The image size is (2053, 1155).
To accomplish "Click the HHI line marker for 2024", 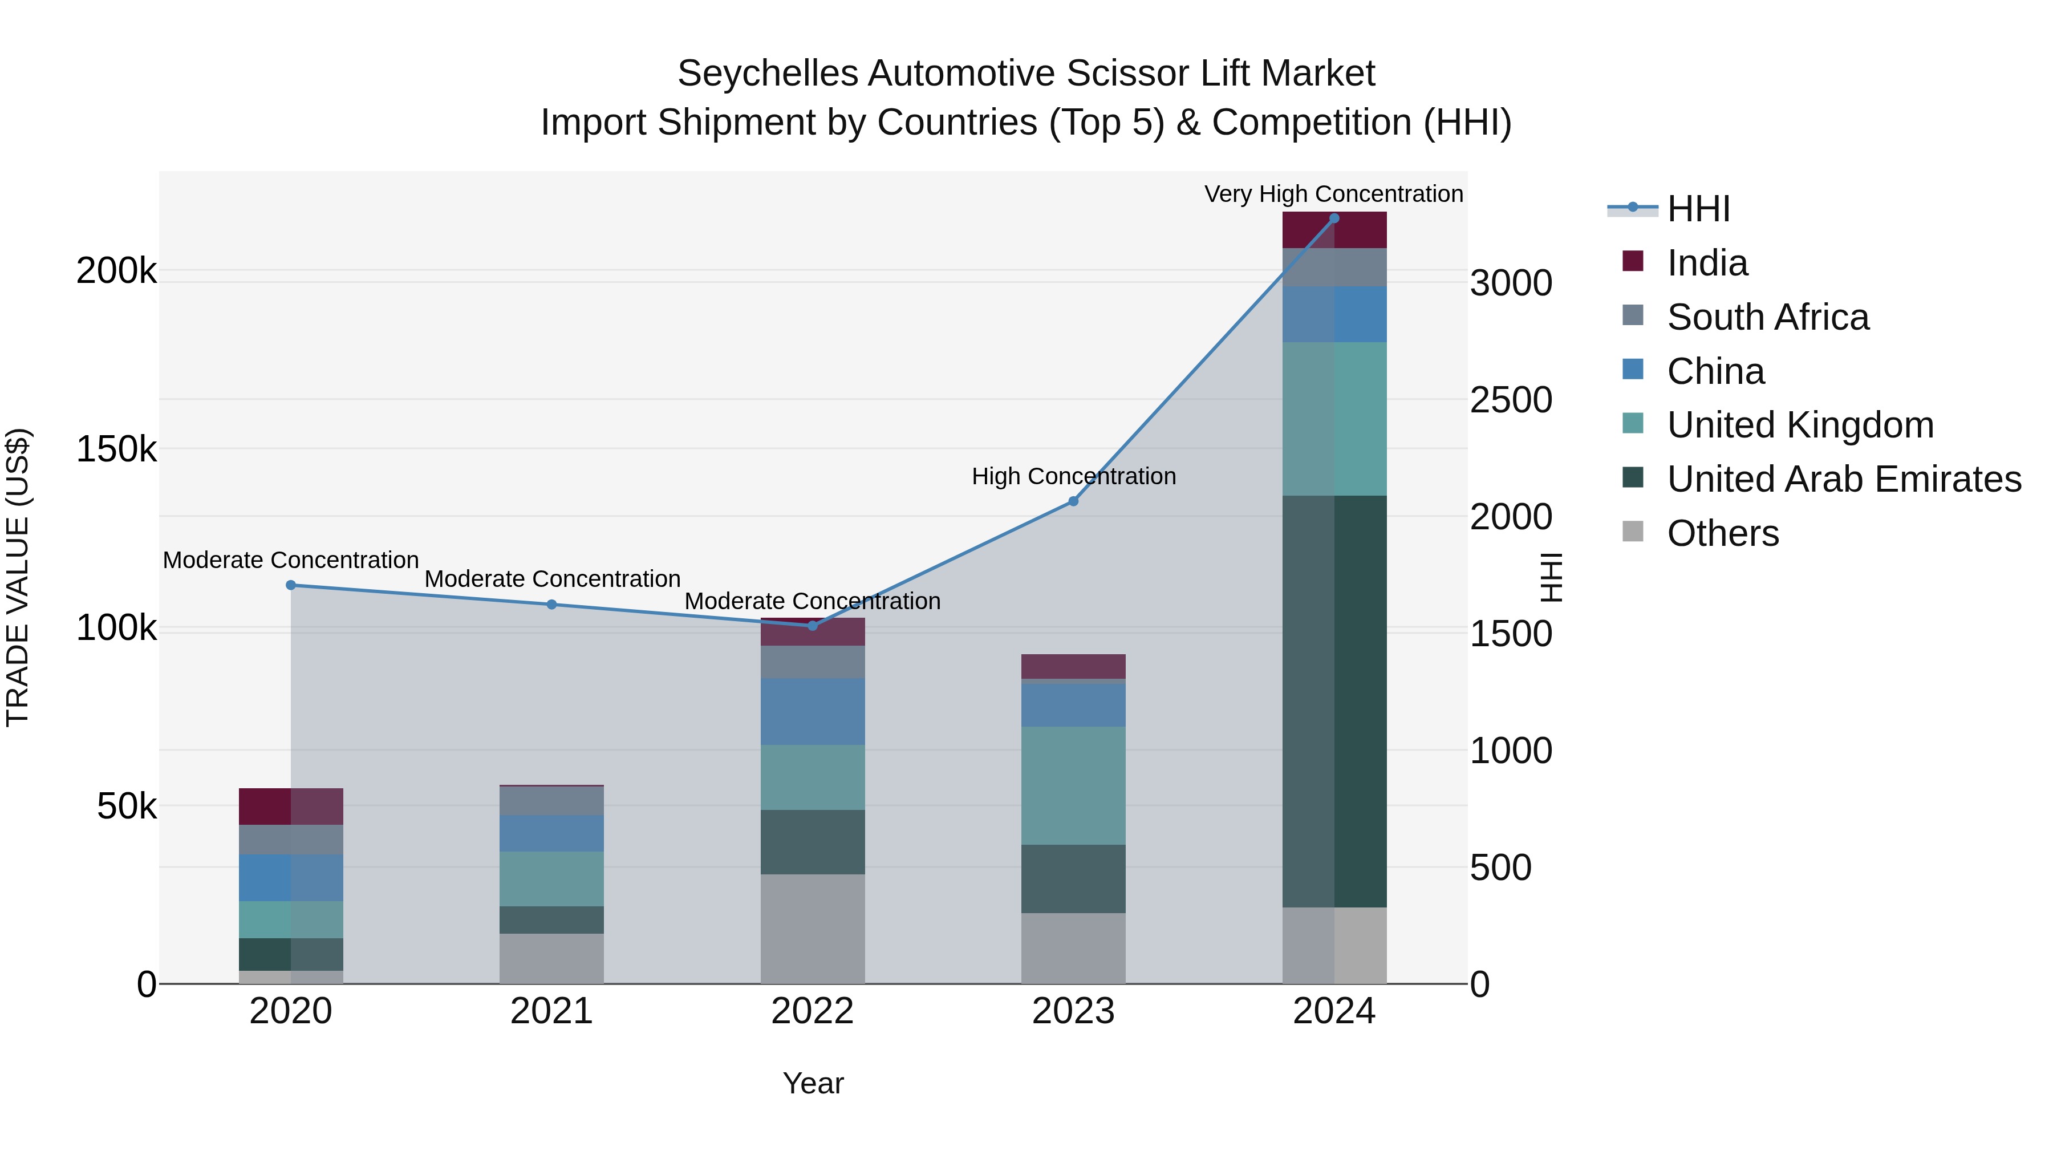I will tap(1334, 218).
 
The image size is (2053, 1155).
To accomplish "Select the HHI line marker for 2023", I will tap(1073, 501).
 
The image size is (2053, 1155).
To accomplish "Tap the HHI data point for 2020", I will tap(291, 585).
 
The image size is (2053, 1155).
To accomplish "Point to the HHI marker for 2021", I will tap(551, 604).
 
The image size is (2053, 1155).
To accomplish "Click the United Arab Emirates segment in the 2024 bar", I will tap(1334, 702).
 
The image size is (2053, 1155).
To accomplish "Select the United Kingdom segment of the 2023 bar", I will tap(1073, 785).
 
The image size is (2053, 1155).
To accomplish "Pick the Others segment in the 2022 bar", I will tap(812, 929).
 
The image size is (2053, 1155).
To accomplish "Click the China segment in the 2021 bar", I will tap(551, 833).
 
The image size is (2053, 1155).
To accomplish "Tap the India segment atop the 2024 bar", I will tap(1334, 230).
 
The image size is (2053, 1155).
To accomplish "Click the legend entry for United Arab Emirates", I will tap(1843, 479).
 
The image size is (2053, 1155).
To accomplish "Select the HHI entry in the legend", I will tap(1698, 209).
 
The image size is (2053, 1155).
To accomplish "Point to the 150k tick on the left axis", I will tap(116, 449).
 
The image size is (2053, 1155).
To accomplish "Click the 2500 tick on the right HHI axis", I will tap(1510, 400).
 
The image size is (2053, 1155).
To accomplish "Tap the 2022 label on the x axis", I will tap(812, 1011).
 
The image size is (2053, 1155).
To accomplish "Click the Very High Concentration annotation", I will tap(1333, 194).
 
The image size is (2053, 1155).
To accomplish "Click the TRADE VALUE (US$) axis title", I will tap(18, 577).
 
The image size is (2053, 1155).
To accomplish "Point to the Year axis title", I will tap(813, 1083).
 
